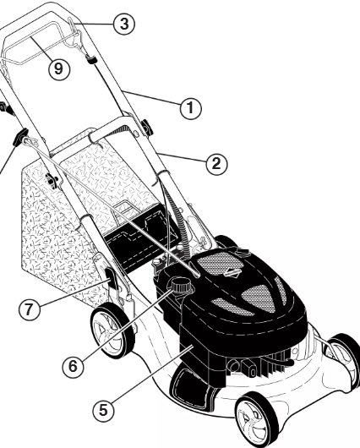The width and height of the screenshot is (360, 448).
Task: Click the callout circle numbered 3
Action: [124, 24]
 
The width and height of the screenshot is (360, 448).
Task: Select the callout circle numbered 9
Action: [59, 68]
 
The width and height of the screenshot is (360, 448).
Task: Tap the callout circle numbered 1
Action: [191, 108]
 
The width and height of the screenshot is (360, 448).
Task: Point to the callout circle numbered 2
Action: [217, 164]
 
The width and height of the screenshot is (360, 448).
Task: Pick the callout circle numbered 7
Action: [30, 309]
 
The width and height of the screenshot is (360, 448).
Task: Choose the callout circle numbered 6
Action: [74, 366]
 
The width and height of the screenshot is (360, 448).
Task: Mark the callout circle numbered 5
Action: [103, 411]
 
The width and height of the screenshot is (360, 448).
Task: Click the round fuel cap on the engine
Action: [180, 285]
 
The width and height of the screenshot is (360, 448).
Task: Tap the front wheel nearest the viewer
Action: [256, 420]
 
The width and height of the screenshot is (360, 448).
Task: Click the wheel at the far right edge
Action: [343, 358]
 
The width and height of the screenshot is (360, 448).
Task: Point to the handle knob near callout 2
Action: [147, 127]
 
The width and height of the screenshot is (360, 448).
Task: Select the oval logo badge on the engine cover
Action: [232, 272]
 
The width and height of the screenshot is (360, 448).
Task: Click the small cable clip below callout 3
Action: [92, 59]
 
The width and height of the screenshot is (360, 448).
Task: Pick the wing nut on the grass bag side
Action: [52, 181]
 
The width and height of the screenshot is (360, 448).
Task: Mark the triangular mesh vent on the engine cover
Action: [259, 297]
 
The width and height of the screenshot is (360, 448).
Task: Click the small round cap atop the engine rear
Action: [243, 253]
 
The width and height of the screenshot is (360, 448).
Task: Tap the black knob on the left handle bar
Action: [21, 137]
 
